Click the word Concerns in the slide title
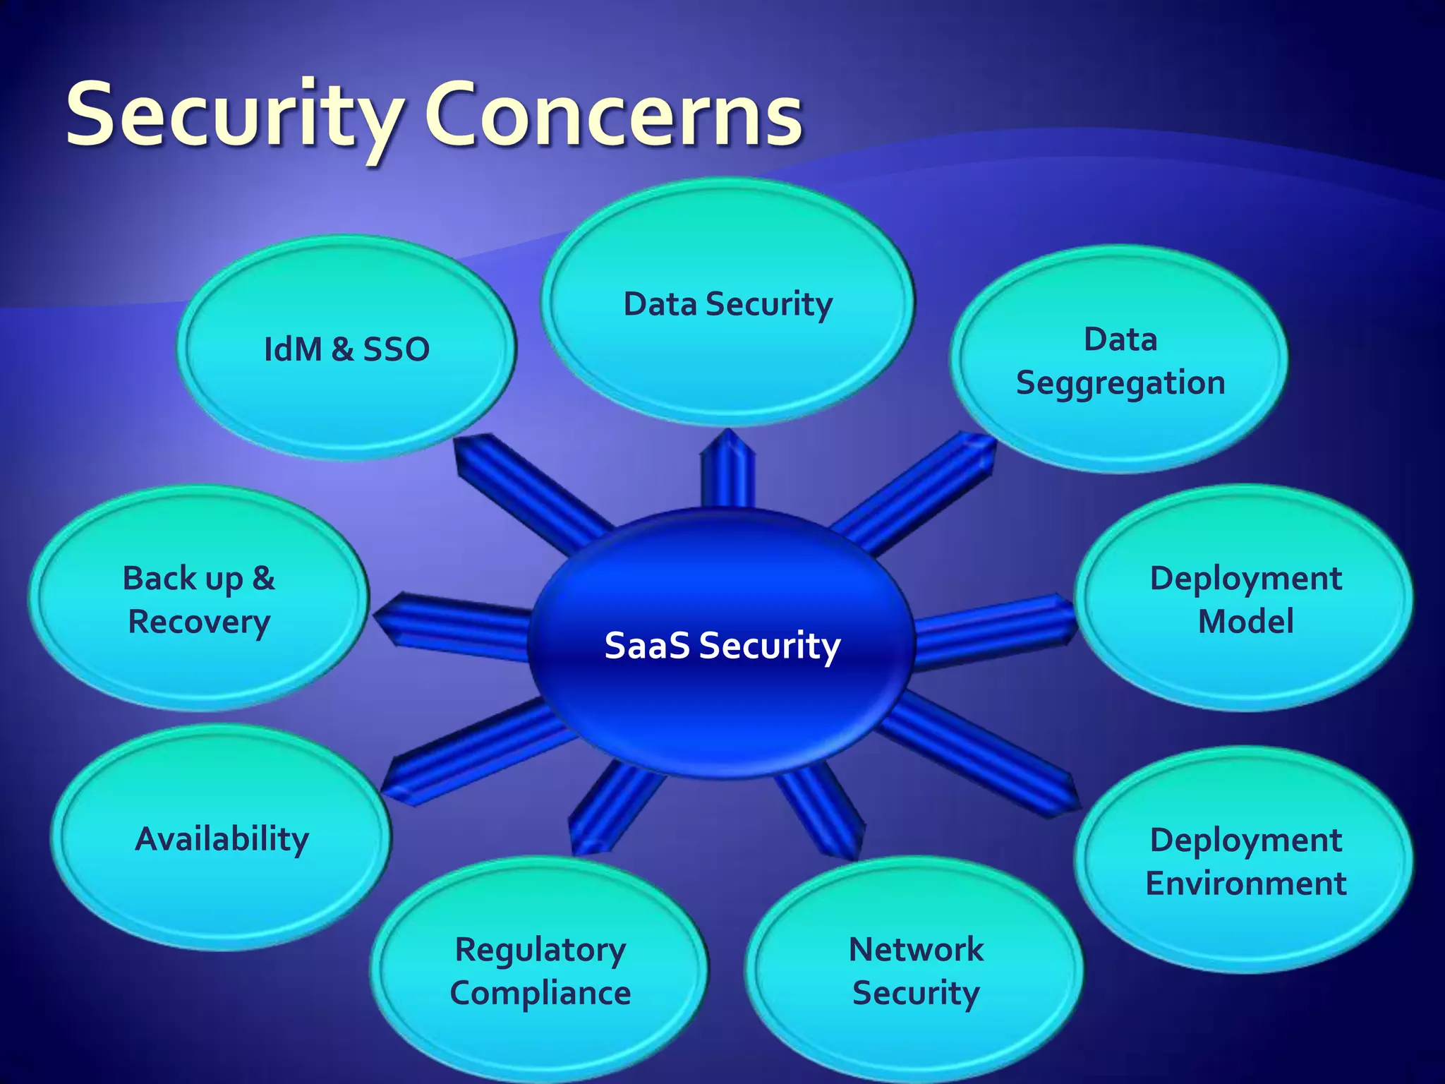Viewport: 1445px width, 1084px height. coord(612,115)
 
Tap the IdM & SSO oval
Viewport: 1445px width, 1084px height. coord(346,349)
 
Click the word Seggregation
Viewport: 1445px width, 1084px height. coord(1120,383)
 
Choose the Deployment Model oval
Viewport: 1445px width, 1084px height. coord(1245,598)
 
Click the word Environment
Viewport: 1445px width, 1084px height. coord(1245,884)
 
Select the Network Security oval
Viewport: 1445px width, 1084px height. coord(915,970)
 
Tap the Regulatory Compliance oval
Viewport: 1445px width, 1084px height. coord(540,970)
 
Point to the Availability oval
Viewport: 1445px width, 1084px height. coord(221,838)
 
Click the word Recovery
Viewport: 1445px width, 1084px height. coord(199,622)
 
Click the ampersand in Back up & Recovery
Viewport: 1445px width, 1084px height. coord(263,578)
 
